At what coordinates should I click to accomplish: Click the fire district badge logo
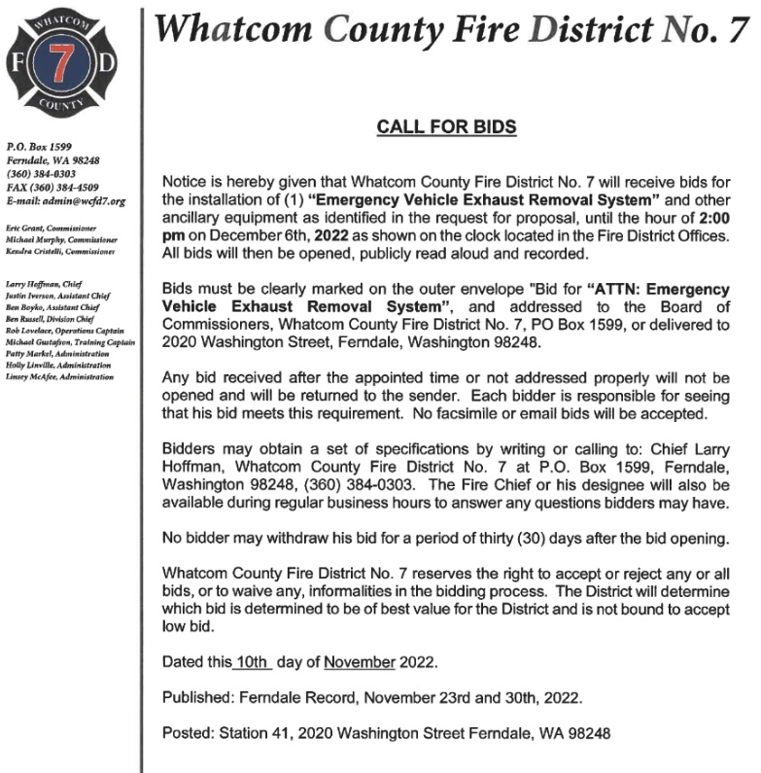[x=65, y=66]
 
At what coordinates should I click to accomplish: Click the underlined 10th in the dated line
[x=250, y=663]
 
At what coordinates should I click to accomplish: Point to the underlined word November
[x=360, y=663]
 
